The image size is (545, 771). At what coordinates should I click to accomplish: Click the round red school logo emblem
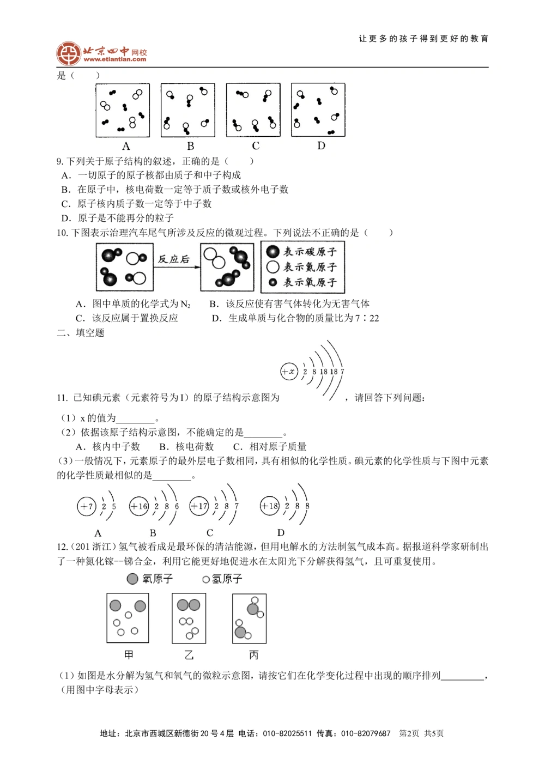68,53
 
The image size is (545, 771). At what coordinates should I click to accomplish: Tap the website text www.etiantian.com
115,59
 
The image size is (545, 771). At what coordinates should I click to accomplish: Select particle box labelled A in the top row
123,110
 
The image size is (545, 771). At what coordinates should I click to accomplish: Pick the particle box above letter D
318,110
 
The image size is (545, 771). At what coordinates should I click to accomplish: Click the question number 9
59,161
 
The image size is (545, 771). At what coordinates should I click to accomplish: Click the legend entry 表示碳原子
303,252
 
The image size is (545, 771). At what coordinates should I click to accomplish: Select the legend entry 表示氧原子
303,282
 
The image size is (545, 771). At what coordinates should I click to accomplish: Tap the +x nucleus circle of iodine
288,372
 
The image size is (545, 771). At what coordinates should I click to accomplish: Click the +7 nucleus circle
86,506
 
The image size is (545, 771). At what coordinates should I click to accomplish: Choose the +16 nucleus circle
139,506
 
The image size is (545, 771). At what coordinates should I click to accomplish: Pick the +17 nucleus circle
199,506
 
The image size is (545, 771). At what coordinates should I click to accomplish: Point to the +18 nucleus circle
270,506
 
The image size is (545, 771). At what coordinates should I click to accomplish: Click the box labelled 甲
128,618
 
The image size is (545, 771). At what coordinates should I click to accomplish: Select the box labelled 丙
250,618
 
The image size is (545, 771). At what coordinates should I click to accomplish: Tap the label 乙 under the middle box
189,655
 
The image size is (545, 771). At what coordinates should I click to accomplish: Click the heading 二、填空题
80,332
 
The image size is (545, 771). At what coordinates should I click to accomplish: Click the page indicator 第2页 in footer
409,733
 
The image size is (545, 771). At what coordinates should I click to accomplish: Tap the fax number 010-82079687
366,733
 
